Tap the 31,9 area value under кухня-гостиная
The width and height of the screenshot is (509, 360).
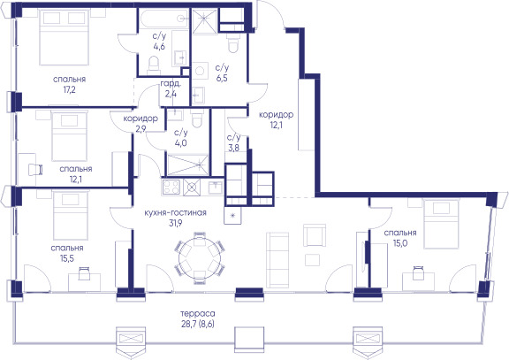click(x=175, y=223)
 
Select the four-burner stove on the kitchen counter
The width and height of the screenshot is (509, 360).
click(x=171, y=188)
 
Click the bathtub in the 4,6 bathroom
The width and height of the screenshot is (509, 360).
click(x=163, y=19)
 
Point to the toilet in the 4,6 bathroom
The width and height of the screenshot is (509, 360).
click(x=154, y=65)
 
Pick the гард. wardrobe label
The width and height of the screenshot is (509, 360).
click(x=171, y=84)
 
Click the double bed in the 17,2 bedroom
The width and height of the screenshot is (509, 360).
click(x=64, y=37)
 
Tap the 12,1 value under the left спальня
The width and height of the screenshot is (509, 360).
click(x=76, y=179)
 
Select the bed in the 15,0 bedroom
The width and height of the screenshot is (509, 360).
click(x=442, y=224)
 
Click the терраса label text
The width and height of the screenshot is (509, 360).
click(x=198, y=314)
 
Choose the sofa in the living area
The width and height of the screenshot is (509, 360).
click(x=277, y=260)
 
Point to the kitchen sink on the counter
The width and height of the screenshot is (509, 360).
click(x=216, y=188)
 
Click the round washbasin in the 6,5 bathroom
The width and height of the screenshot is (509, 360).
click(x=200, y=71)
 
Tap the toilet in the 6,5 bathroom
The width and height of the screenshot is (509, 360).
click(x=232, y=43)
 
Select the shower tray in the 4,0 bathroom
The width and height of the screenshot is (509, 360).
click(x=187, y=165)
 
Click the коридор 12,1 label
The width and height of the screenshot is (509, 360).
click(x=277, y=119)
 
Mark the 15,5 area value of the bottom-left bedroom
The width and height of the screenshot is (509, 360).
click(x=67, y=258)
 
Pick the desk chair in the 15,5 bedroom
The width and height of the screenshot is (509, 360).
click(x=85, y=273)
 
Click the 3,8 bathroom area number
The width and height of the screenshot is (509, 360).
click(x=233, y=149)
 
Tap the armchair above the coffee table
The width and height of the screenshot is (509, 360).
click(x=315, y=235)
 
